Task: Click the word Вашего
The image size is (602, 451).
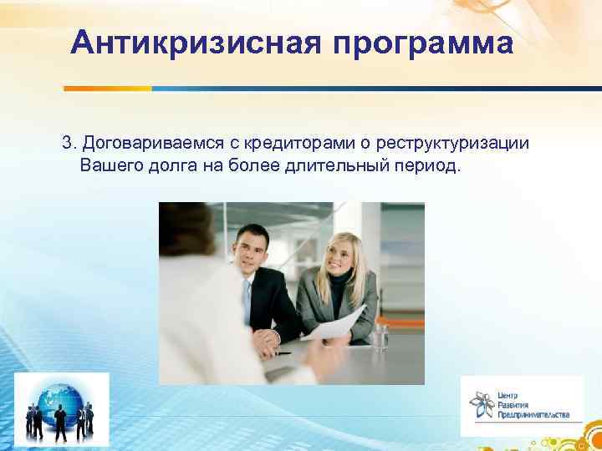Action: (107, 164)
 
